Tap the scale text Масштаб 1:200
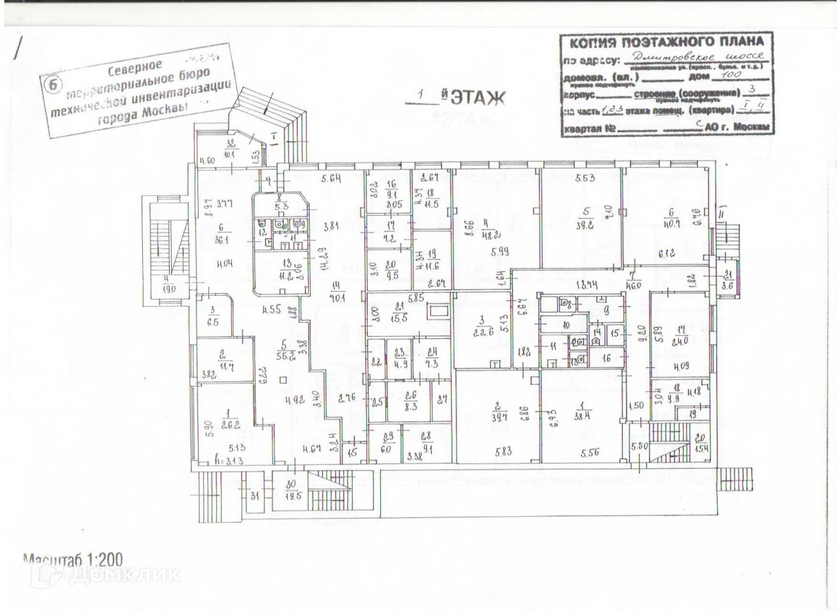[x=73, y=560]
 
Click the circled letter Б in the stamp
[x=51, y=85]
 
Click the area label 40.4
[x=669, y=222]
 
